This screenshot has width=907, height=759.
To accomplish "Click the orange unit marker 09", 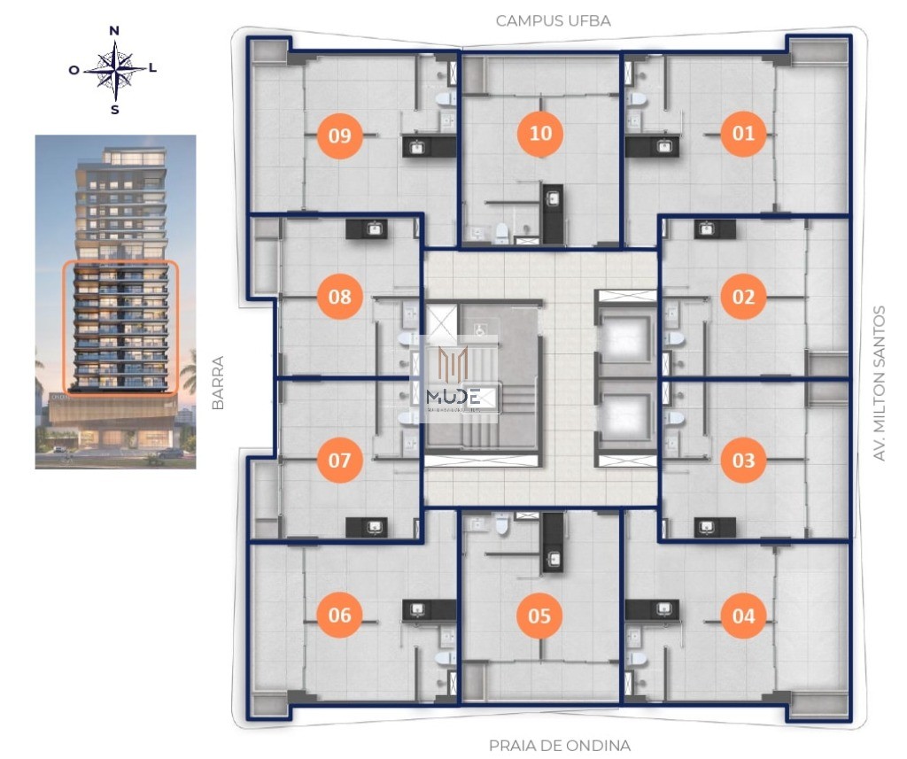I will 339,136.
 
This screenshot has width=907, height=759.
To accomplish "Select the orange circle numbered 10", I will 540,133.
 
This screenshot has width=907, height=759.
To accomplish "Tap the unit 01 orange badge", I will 743,134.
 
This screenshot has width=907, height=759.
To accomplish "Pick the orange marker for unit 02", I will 743,297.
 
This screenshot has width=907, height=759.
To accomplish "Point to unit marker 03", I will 743,461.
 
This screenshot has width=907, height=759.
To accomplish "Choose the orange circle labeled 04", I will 743,615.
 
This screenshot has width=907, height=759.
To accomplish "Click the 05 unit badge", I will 539,615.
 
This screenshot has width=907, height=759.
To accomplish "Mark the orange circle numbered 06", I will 339,615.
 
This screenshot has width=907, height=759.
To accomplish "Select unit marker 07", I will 339,461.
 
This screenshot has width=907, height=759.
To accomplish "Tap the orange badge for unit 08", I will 339,297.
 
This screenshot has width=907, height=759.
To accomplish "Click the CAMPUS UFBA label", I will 553,20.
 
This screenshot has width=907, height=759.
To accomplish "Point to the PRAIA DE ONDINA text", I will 560,745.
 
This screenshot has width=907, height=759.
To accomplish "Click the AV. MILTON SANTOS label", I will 880,383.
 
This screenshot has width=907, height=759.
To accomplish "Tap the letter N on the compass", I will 114,31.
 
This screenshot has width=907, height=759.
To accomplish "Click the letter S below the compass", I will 114,110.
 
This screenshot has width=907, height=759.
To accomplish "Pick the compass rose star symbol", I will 114,71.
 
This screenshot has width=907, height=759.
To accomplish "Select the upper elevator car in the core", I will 626,337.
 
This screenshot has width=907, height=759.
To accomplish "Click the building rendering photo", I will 115,301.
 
